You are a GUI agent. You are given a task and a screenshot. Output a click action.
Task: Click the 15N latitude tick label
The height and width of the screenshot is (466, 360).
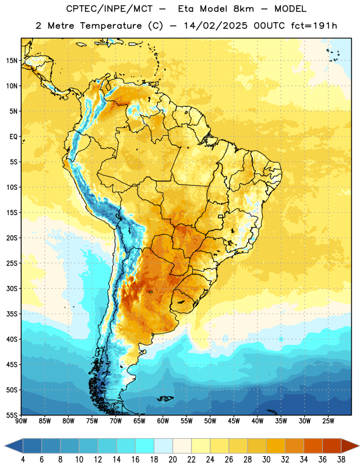click(x=12, y=61)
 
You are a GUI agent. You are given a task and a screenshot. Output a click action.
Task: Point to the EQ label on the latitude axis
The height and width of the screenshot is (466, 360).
click(x=13, y=137)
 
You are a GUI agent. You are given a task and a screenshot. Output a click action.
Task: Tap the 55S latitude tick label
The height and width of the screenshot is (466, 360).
click(x=12, y=415)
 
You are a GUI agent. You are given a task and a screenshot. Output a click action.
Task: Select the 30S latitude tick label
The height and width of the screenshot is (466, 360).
click(x=12, y=288)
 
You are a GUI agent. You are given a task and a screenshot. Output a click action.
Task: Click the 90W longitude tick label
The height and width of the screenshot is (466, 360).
click(x=21, y=421)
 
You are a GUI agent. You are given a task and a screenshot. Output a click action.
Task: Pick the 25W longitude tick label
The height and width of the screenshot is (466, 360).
click(x=328, y=421)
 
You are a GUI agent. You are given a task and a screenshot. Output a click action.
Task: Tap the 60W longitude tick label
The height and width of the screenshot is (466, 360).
click(x=163, y=421)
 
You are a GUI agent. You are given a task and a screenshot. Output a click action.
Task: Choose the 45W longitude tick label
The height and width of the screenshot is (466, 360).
click(x=234, y=421)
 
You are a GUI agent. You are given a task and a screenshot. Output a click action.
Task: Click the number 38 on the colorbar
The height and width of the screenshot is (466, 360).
click(x=341, y=460)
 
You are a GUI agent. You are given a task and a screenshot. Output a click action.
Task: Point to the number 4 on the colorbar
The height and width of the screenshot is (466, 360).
click(x=23, y=460)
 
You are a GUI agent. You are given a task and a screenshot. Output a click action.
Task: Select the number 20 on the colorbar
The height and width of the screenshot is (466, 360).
click(x=172, y=460)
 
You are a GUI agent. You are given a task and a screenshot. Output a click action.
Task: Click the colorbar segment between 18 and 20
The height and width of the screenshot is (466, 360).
click(x=163, y=446)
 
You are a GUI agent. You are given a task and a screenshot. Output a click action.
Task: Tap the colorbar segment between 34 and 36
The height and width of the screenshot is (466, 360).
click(x=313, y=446)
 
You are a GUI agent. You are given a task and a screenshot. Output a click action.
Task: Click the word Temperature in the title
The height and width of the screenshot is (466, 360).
click(x=111, y=26)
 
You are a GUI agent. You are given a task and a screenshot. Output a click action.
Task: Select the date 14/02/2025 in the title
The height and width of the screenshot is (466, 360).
click(x=216, y=26)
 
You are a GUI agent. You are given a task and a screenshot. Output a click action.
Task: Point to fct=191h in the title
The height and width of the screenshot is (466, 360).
click(x=314, y=26)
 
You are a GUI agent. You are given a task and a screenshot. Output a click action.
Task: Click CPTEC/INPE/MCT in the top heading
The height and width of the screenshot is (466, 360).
click(x=109, y=9)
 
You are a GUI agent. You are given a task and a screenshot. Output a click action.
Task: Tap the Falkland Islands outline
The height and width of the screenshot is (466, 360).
click(x=165, y=398)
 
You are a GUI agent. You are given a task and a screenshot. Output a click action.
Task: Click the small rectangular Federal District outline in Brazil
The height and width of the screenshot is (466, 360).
click(x=221, y=216)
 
